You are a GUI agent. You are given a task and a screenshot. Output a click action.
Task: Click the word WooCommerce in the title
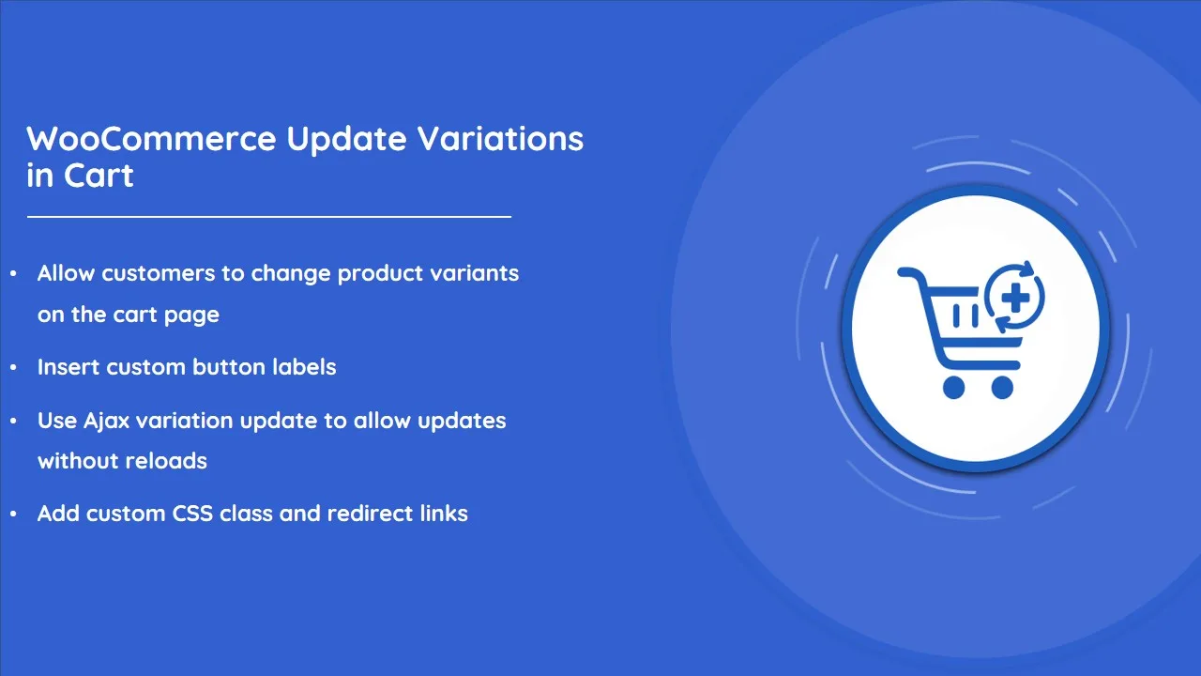[x=151, y=138]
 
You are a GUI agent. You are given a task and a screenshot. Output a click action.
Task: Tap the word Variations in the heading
[x=500, y=138]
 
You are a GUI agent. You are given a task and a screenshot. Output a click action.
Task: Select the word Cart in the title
[x=99, y=175]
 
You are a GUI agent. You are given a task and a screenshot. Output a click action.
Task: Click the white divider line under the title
[x=269, y=217]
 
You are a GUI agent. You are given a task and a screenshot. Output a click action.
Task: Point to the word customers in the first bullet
[x=159, y=273]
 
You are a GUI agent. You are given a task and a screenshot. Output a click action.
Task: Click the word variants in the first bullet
[x=475, y=273]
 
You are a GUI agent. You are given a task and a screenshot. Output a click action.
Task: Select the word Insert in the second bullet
[x=68, y=367]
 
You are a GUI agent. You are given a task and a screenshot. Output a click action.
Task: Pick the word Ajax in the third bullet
[x=107, y=421]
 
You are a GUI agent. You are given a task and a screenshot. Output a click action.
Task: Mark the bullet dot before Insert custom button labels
[x=13, y=367]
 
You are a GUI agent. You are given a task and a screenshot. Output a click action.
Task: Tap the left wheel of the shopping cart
[x=953, y=388]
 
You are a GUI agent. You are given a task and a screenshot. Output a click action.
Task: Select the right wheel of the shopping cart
[x=1002, y=388]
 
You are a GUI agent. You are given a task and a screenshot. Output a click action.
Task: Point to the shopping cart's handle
[x=909, y=273]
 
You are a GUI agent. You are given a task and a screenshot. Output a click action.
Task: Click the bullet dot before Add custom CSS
[x=13, y=514]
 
